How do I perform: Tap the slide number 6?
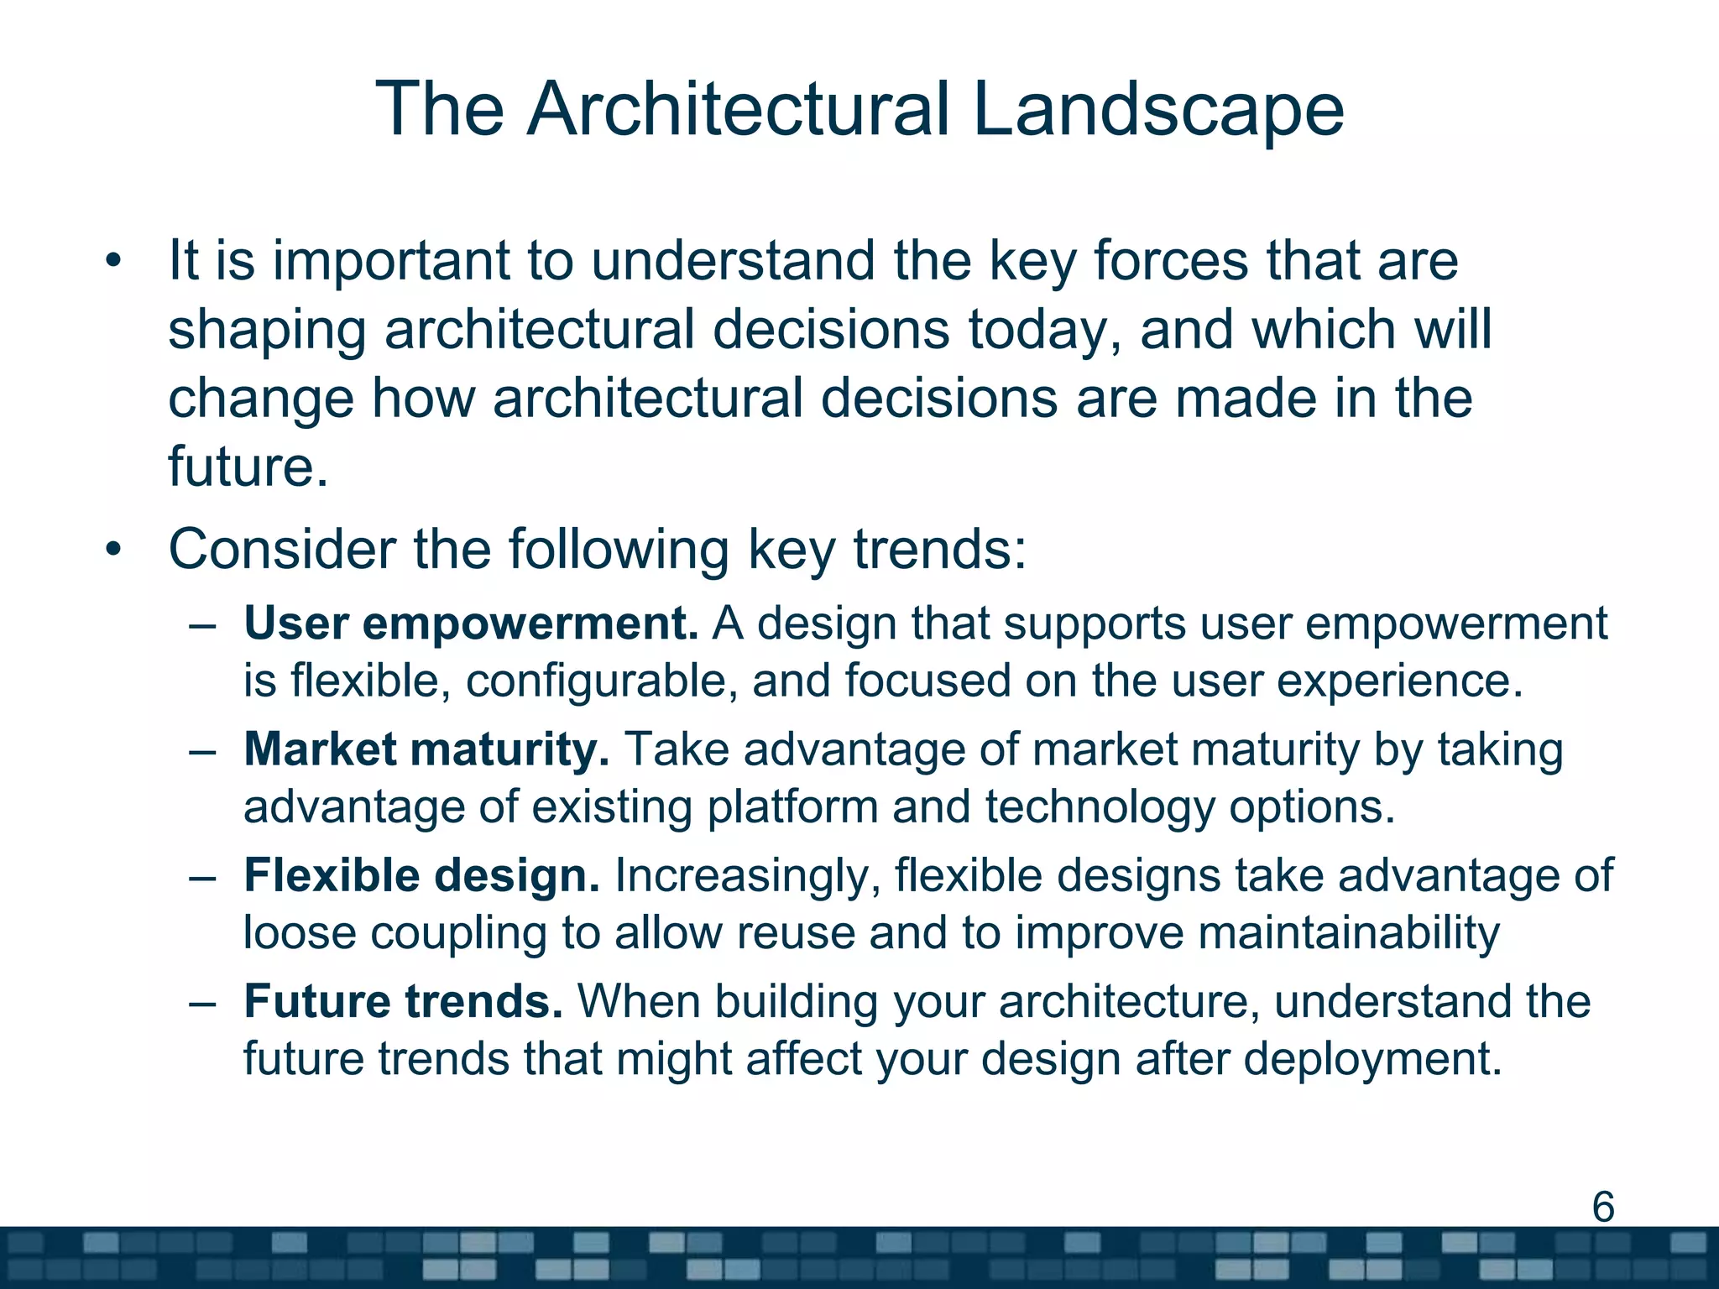pyautogui.click(x=1602, y=1208)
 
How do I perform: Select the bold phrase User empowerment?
pyautogui.click(x=470, y=624)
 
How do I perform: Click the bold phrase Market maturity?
pyautogui.click(x=426, y=749)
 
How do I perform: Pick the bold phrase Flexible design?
pyautogui.click(x=421, y=875)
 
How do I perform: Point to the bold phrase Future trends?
pyautogui.click(x=403, y=1001)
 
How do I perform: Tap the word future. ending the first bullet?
pyautogui.click(x=248, y=467)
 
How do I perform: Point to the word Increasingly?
pyautogui.click(x=747, y=875)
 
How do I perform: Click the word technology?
pyautogui.click(x=1100, y=806)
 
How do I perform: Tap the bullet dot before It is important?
pyautogui.click(x=113, y=261)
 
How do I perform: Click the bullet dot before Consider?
pyautogui.click(x=113, y=551)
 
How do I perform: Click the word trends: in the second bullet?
pyautogui.click(x=939, y=550)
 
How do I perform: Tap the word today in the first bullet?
pyautogui.click(x=1043, y=330)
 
